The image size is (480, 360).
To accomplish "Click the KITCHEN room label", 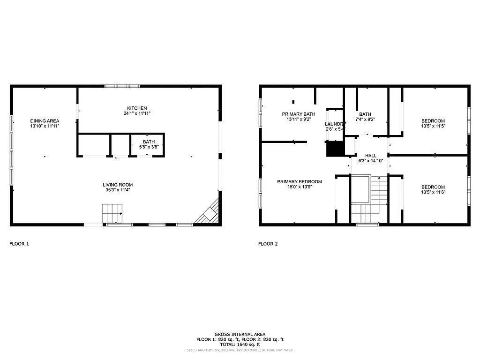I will point(137,108).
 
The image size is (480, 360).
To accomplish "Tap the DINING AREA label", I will point(45,120).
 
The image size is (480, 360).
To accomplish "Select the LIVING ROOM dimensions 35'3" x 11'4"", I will point(118,190).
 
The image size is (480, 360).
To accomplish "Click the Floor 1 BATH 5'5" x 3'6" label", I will point(149,144).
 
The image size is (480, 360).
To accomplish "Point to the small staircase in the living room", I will point(112,214).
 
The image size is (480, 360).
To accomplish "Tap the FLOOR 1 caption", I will point(19,244).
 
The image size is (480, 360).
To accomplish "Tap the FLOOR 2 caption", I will point(268,244).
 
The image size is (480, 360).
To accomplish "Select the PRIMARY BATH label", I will point(299,114).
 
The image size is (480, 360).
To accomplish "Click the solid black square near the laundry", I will point(335,149).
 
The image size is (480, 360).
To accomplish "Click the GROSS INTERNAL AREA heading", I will point(240,334).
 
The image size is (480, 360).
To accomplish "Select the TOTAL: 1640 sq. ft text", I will point(240,344).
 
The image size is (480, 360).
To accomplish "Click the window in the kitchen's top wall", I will point(122,86).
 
